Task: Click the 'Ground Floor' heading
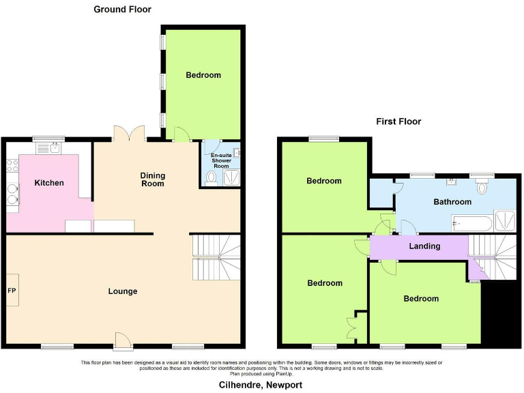[122, 10]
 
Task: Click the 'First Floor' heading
[398, 121]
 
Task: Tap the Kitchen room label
[50, 183]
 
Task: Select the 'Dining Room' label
[153, 179]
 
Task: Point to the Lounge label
[123, 291]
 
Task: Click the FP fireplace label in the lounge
[12, 291]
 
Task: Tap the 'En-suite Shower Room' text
[221, 160]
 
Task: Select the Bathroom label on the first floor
[452, 202]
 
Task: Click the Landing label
[424, 246]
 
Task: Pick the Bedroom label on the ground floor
[203, 75]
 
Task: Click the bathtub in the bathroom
[471, 223]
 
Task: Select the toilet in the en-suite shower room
[211, 178]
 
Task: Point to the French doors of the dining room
[128, 133]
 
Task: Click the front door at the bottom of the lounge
[122, 339]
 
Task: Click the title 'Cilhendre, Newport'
[260, 385]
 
